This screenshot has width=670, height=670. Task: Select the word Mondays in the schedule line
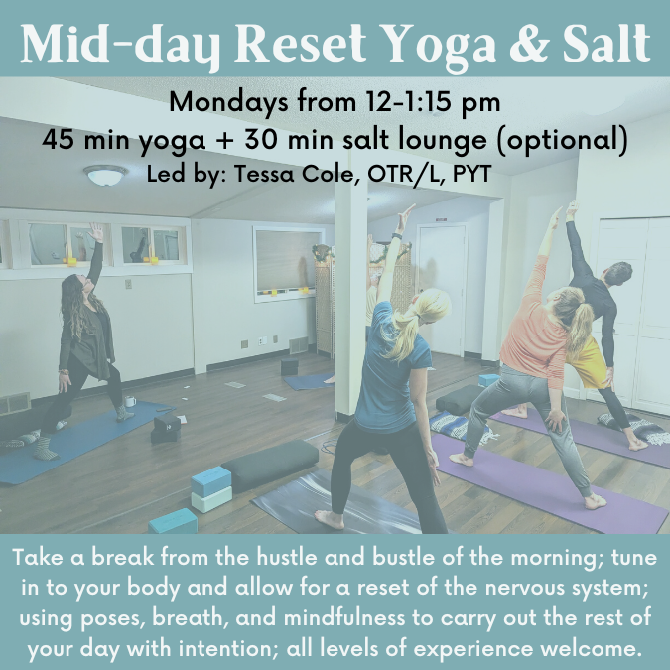[229, 103]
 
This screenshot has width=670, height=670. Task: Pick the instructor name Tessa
[264, 175]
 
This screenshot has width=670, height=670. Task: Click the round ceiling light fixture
[105, 175]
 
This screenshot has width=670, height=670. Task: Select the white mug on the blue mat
[130, 401]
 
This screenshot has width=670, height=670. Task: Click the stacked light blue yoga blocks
[211, 489]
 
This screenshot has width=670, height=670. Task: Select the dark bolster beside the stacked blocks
[271, 465]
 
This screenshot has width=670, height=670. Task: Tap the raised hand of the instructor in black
[95, 232]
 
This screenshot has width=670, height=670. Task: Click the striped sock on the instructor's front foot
[46, 449]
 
